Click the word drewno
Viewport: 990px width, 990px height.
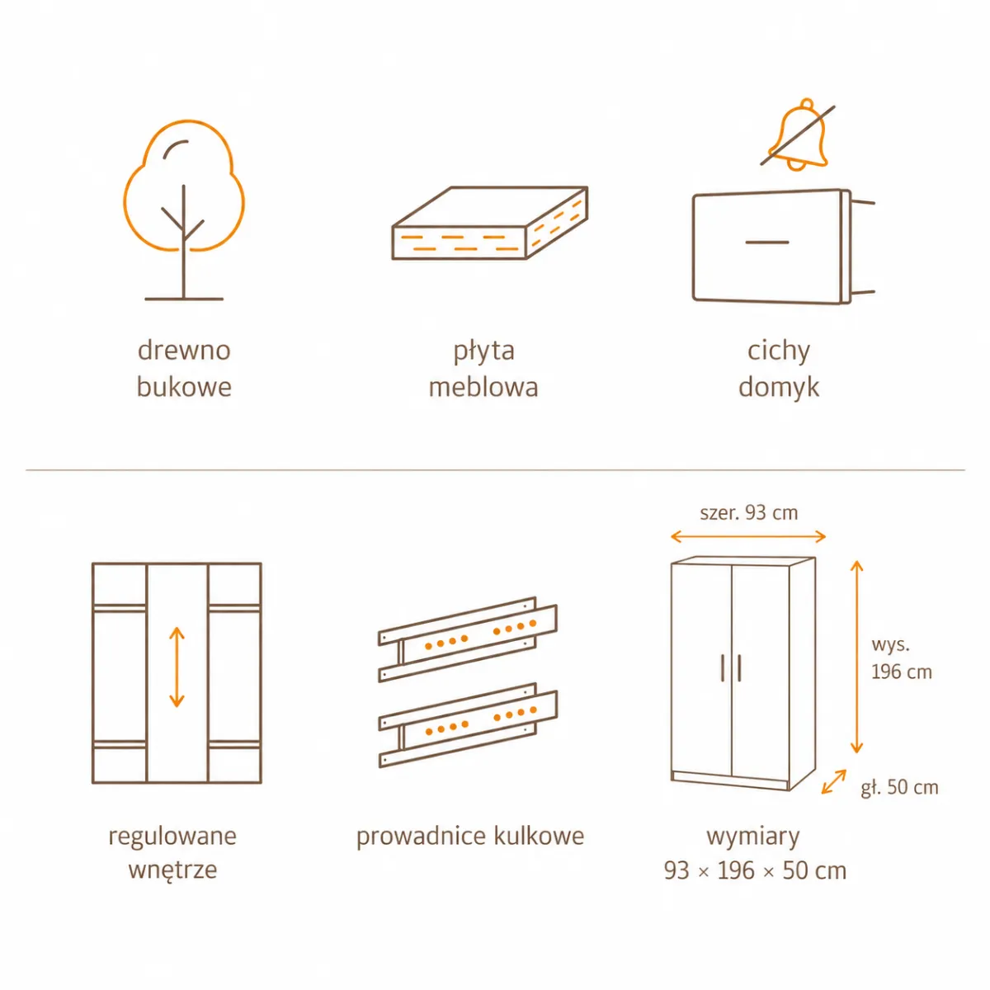[x=184, y=351]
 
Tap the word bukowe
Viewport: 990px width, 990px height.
[x=184, y=388]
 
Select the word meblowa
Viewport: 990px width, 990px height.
[x=483, y=388]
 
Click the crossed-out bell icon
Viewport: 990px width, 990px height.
[x=798, y=134]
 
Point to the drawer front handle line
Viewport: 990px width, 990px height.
[x=767, y=242]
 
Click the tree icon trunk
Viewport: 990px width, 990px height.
[x=183, y=242]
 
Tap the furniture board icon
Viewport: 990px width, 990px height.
[x=490, y=223]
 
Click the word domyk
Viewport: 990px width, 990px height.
[x=779, y=388]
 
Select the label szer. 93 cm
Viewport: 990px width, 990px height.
[x=749, y=512]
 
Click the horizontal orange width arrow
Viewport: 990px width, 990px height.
[x=748, y=537]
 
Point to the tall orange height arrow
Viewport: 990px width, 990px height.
[x=856, y=657]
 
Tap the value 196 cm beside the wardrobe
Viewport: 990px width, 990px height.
[x=902, y=672]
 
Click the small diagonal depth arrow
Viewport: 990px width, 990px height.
[x=834, y=782]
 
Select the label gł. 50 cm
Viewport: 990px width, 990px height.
[x=899, y=787]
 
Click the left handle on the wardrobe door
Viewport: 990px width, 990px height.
[x=723, y=668]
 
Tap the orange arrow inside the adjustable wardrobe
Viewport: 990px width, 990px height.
[x=177, y=667]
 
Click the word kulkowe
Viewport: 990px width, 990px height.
[x=539, y=836]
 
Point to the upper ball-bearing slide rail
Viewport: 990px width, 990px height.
[x=468, y=639]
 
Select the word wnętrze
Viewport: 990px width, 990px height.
[x=172, y=870]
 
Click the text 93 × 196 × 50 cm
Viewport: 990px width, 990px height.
[x=755, y=870]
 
